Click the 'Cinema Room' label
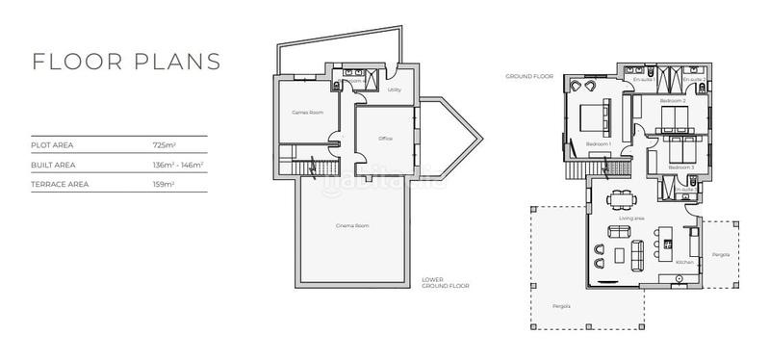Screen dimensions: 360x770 353,226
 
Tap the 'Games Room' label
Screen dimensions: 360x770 307,113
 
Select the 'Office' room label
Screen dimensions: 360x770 385,139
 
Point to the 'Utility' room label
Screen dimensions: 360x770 394,90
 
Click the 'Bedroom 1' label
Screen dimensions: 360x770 599,143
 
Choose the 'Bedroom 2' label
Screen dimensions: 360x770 672,100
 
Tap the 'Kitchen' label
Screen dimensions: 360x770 684,262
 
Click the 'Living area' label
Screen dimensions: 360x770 630,219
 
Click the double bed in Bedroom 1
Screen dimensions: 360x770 593,118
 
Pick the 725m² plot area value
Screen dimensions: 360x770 164,145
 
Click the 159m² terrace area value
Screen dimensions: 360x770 164,184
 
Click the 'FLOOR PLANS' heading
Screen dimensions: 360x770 126,61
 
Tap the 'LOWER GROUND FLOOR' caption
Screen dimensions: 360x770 445,284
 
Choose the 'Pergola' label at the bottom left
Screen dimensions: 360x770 561,306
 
